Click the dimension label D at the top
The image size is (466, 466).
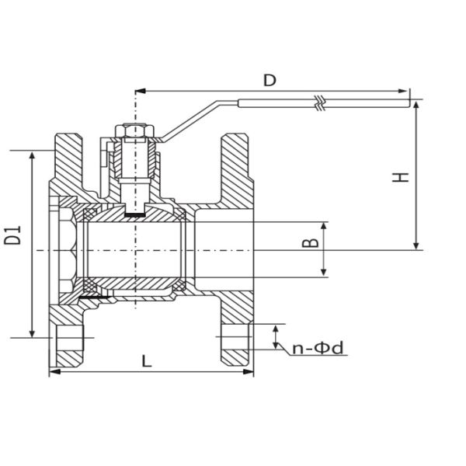point(270,80)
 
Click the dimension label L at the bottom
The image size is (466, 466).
point(147,360)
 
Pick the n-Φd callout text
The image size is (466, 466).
point(318,349)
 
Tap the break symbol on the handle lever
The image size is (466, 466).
point(318,100)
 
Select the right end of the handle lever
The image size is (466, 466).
point(406,101)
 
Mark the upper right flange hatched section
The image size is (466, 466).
point(235,167)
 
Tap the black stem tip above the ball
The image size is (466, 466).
point(135,210)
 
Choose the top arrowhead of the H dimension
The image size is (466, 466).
point(418,104)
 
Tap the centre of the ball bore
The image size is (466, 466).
point(135,249)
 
